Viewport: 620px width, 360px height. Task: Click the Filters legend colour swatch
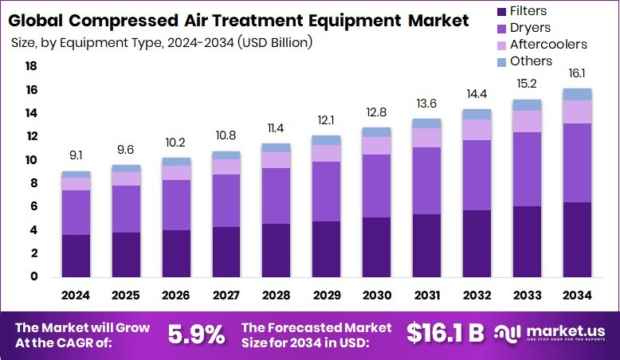click(501, 11)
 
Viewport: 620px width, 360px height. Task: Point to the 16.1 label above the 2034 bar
click(576, 73)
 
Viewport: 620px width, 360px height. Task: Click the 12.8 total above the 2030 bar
click(376, 112)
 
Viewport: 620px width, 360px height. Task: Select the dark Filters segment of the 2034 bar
click(576, 239)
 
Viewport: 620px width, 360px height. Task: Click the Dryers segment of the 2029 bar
click(326, 191)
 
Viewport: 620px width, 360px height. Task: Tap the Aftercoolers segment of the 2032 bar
click(477, 130)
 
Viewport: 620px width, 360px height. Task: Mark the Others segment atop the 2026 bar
click(176, 162)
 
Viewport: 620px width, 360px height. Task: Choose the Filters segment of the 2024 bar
click(76, 255)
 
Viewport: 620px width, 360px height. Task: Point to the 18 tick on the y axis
click(32, 67)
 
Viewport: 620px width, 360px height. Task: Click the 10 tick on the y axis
click(32, 160)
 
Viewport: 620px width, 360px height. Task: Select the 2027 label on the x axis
click(226, 295)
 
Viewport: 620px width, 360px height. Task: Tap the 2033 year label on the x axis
click(526, 295)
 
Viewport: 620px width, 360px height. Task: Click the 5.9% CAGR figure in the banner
click(196, 335)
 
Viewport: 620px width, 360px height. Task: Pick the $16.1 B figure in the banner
click(445, 335)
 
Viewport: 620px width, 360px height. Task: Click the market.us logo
click(550, 333)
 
